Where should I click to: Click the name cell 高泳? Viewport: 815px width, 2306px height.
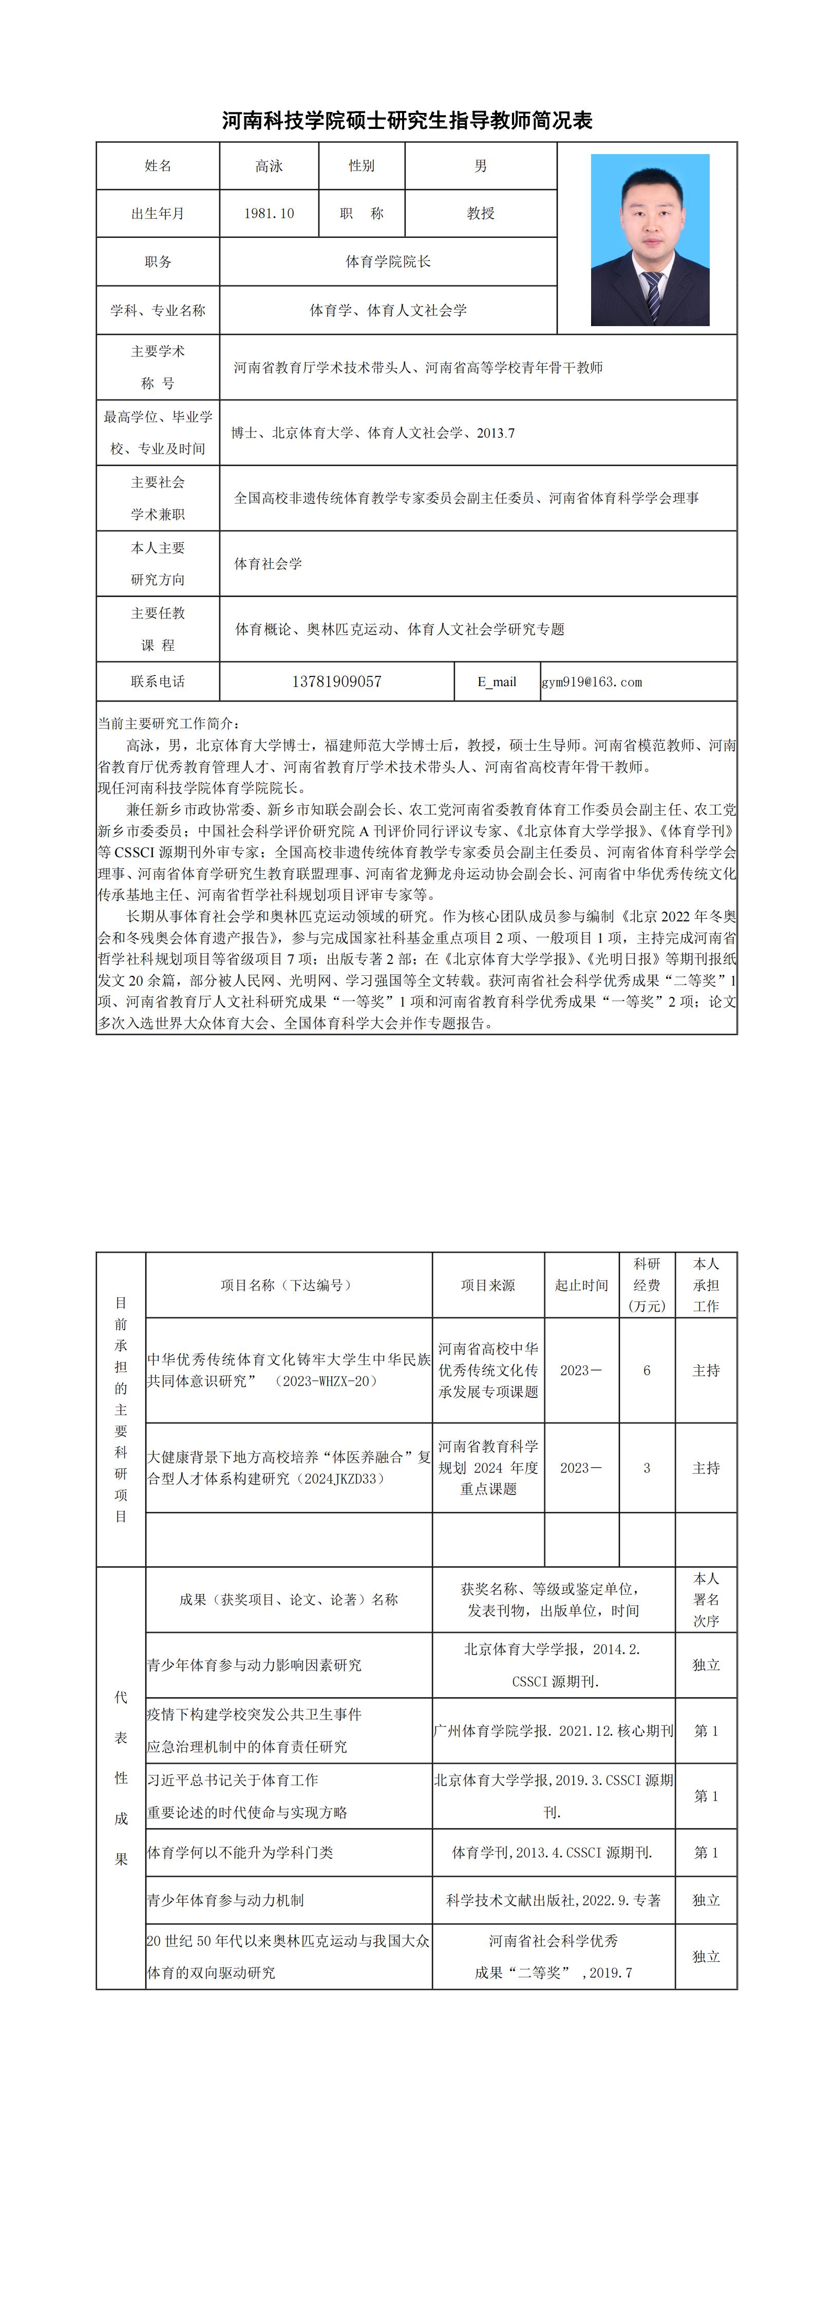pyautogui.click(x=269, y=165)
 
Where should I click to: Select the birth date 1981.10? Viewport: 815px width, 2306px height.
pyautogui.click(x=269, y=213)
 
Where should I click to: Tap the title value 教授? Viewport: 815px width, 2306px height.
pyautogui.click(x=481, y=213)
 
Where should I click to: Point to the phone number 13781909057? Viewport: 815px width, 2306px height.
pyautogui.click(x=337, y=681)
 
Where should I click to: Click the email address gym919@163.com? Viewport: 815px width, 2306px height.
pyautogui.click(x=592, y=682)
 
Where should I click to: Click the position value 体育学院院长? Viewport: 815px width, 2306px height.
pyautogui.click(x=388, y=261)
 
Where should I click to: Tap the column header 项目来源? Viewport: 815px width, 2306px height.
pyautogui.click(x=488, y=1284)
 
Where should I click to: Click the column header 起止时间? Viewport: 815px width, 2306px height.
pyautogui.click(x=581, y=1284)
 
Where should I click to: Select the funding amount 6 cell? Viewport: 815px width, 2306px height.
pyautogui.click(x=647, y=1370)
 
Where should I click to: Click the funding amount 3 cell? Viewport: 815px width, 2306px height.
pyautogui.click(x=647, y=1467)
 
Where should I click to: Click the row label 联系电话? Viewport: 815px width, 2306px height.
pyautogui.click(x=158, y=681)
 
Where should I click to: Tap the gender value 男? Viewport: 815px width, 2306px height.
pyautogui.click(x=481, y=165)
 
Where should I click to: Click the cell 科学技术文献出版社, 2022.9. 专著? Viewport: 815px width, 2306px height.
pyautogui.click(x=554, y=1900)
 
